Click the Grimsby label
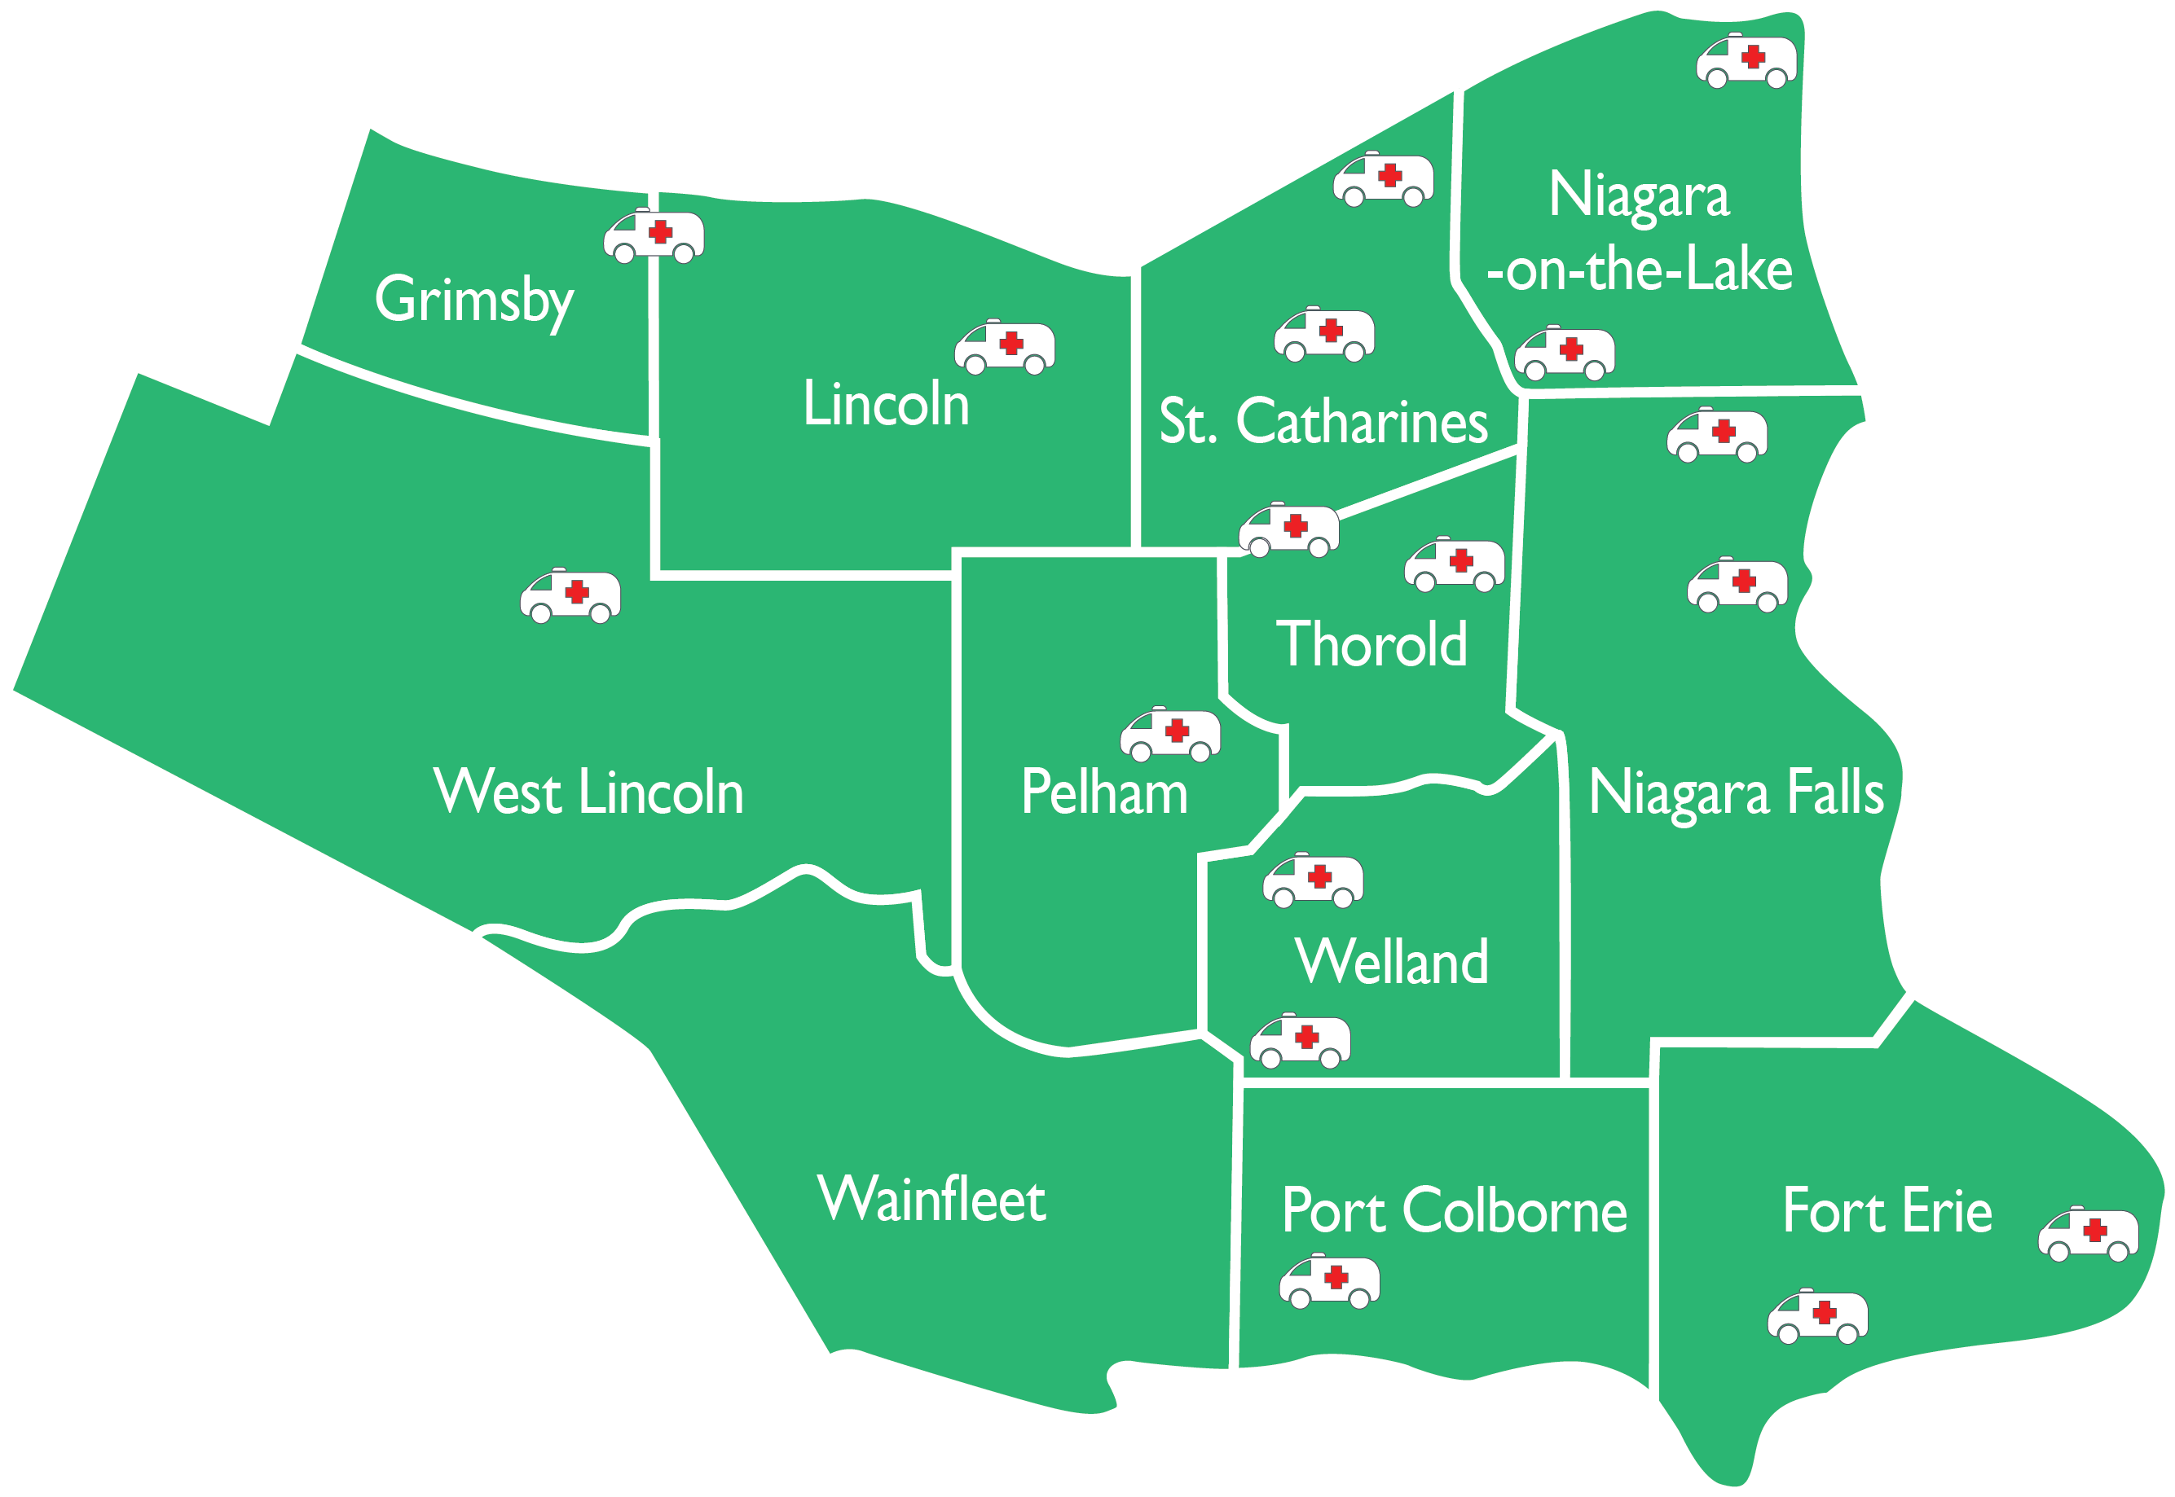tap(473, 301)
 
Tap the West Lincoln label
tap(588, 792)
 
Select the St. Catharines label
tap(1323, 421)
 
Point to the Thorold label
tap(1371, 644)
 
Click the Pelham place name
tap(1103, 792)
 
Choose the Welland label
tap(1392, 961)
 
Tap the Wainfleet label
tap(931, 1200)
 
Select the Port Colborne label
tap(1454, 1211)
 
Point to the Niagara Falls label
tap(1736, 793)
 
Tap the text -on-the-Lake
tap(1640, 270)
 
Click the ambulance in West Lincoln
tap(570, 595)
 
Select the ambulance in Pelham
tap(1170, 734)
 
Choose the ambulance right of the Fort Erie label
tap(2088, 1235)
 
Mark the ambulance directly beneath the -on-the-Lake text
tap(1564, 353)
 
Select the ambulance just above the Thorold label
tap(1454, 564)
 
